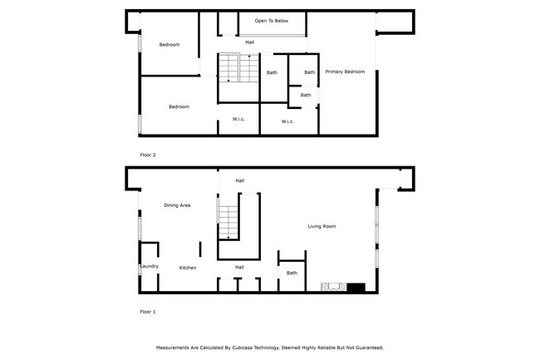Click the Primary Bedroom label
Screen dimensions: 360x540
coord(345,72)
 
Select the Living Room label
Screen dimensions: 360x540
coord(322,226)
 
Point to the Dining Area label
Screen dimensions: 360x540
coord(177,205)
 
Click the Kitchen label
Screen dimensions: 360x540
coord(188,268)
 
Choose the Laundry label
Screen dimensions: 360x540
coord(150,267)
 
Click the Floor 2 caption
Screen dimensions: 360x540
coord(147,155)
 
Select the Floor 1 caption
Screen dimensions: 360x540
coord(147,312)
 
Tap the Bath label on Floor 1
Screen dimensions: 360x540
coord(292,273)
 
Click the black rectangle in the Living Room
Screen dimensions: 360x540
coord(356,288)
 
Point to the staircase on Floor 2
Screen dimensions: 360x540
coord(228,68)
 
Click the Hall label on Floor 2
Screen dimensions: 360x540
coord(249,42)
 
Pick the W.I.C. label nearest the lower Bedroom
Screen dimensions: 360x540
coord(238,120)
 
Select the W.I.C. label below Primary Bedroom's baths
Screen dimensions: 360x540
coord(287,121)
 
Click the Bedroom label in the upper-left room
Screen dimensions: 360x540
coord(169,45)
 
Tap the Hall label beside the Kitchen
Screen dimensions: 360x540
coord(239,267)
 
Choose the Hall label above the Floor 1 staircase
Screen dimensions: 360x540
coord(239,180)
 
